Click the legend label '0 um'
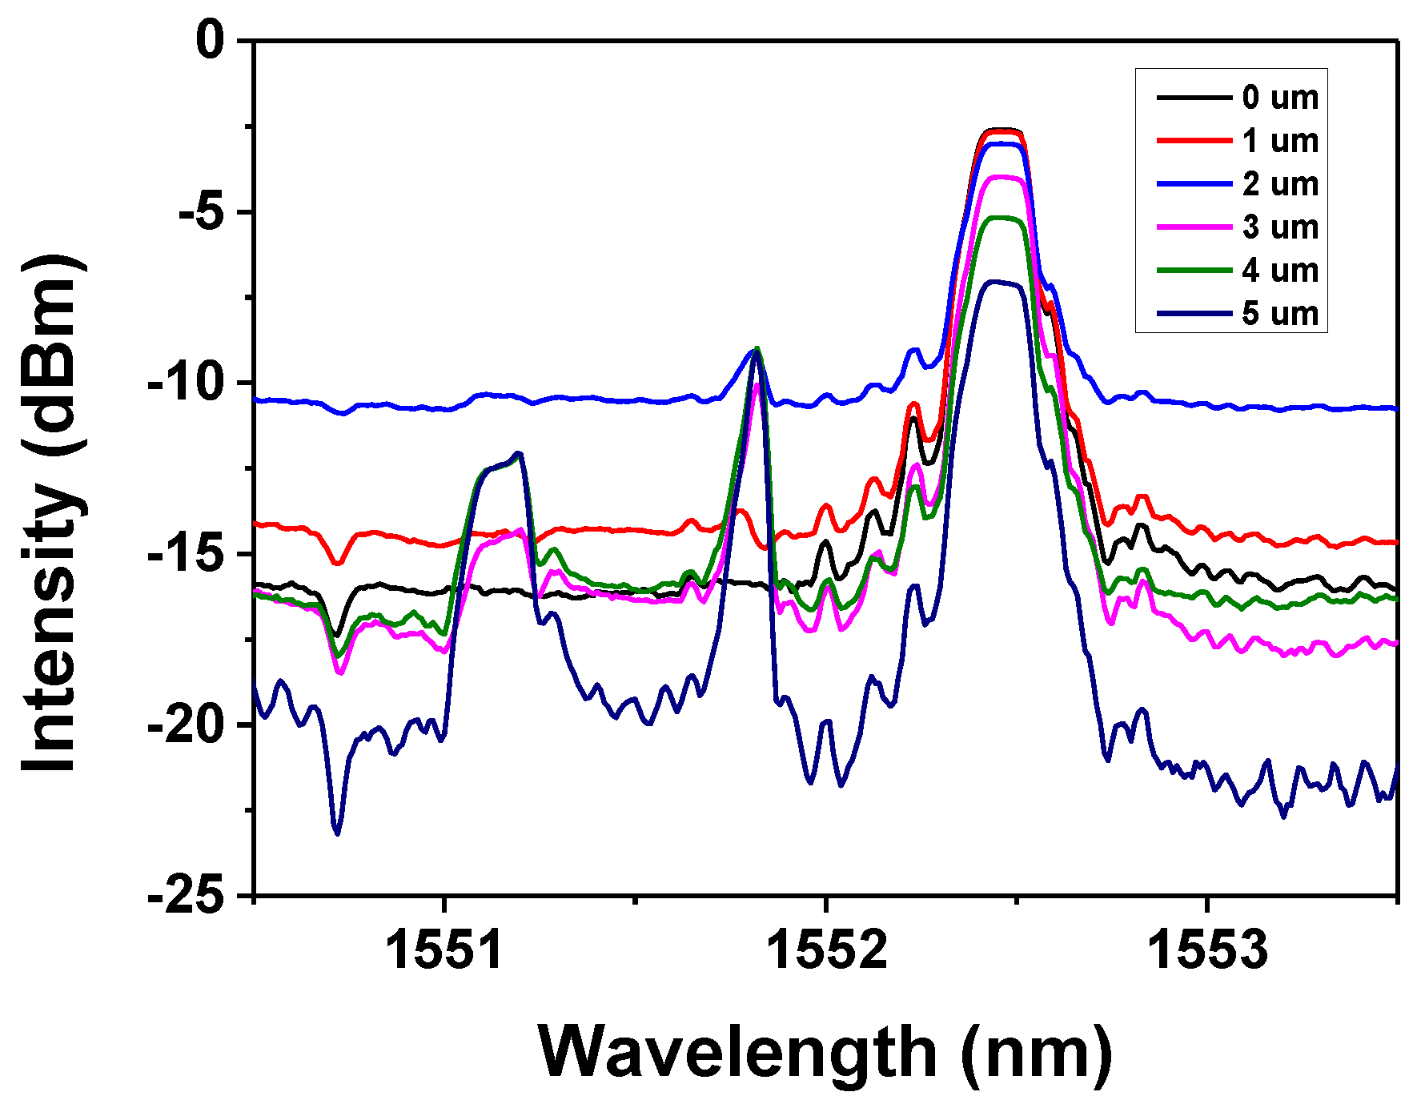coord(1280,98)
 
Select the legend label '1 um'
coord(1280,141)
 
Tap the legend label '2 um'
coord(1280,184)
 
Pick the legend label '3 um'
coord(1280,227)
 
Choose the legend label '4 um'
coord(1280,271)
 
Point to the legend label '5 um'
coord(1280,313)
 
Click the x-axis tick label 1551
coord(444,950)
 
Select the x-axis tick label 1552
coord(826,950)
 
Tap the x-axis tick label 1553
coord(1207,950)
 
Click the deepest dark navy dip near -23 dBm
coord(337,833)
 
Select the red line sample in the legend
coord(1194,141)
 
